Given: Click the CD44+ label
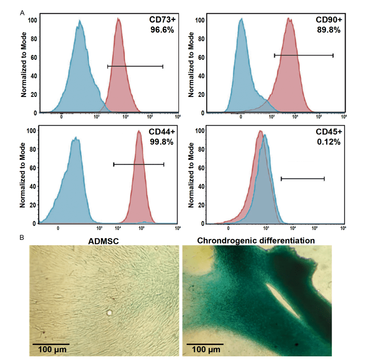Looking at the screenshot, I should click(x=161, y=132).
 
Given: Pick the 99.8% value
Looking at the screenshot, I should click(x=161, y=142).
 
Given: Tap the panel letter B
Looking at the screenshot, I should click(x=22, y=238).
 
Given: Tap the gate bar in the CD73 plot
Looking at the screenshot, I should click(x=135, y=66).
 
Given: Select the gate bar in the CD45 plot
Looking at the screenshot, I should click(x=302, y=179).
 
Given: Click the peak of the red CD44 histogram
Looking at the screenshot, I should click(x=139, y=131).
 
